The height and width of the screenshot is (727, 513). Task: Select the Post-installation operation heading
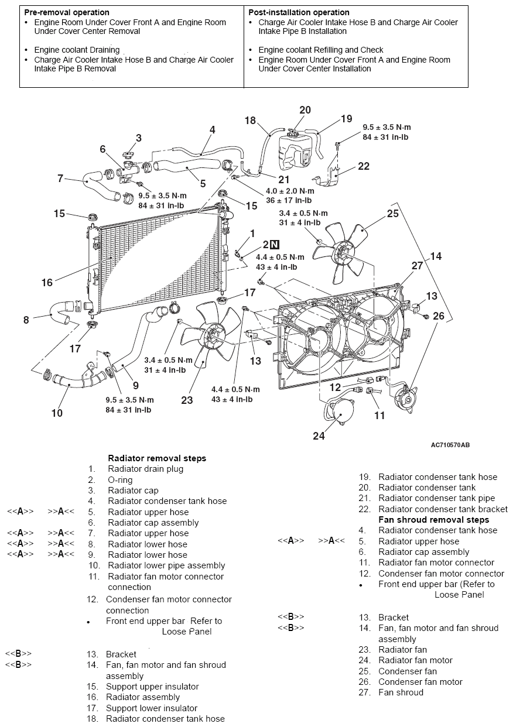[299, 12]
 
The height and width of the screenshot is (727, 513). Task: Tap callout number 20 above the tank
[305, 110]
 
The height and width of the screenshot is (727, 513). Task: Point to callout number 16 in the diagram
[47, 283]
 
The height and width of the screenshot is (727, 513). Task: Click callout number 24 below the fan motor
[319, 436]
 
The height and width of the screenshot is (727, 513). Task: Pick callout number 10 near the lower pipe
[57, 413]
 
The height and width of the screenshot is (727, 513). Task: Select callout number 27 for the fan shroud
[417, 265]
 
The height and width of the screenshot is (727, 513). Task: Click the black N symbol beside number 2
[275, 245]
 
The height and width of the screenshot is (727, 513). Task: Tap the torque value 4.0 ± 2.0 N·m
[290, 191]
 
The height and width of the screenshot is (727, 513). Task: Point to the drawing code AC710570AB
[450, 445]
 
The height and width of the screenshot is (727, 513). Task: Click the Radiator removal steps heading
[157, 458]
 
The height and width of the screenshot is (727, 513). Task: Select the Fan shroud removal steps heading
[433, 520]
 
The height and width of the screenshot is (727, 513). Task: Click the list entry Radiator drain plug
[145, 469]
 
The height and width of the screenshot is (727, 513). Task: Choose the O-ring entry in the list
[120, 480]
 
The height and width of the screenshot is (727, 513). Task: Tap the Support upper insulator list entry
[152, 687]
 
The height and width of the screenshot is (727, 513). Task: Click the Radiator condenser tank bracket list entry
[443, 509]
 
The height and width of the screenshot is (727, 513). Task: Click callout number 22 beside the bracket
[364, 166]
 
